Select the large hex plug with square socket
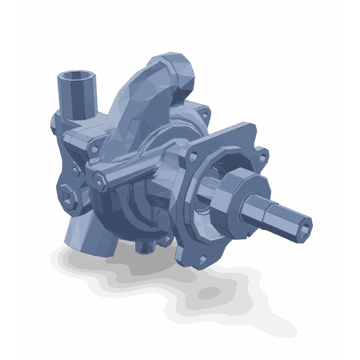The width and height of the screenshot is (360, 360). click(67, 198)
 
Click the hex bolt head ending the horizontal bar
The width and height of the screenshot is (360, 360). click(101, 182)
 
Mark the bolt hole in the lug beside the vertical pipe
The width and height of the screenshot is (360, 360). click(92, 148)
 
